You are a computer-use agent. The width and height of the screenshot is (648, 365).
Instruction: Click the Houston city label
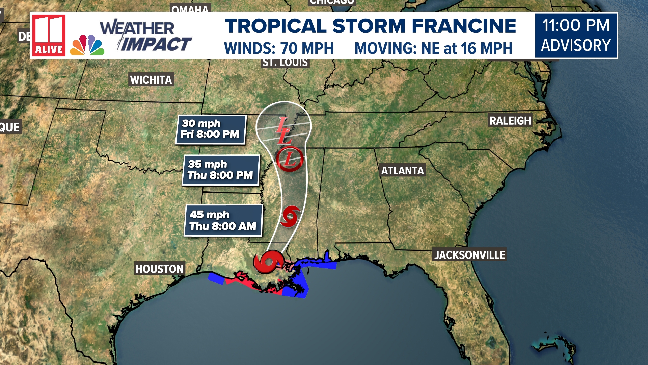(159, 269)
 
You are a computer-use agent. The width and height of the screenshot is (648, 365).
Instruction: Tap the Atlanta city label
(402, 170)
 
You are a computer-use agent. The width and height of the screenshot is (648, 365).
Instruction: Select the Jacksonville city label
(469, 255)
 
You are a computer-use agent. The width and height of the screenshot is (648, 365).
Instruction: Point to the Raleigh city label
(510, 121)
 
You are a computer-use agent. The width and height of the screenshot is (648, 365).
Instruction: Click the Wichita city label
(151, 80)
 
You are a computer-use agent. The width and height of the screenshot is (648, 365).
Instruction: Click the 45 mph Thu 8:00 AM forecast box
(223, 220)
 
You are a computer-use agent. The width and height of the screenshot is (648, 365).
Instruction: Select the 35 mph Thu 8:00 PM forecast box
(221, 170)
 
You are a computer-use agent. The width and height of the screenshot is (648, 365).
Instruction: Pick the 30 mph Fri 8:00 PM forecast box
(211, 129)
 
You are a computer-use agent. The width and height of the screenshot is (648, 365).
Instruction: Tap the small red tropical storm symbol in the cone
(290, 216)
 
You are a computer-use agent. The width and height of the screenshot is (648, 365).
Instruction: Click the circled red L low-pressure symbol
(290, 159)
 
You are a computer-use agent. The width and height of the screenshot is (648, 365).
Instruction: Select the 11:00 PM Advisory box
(576, 35)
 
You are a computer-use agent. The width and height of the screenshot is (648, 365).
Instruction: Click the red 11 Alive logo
(49, 35)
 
